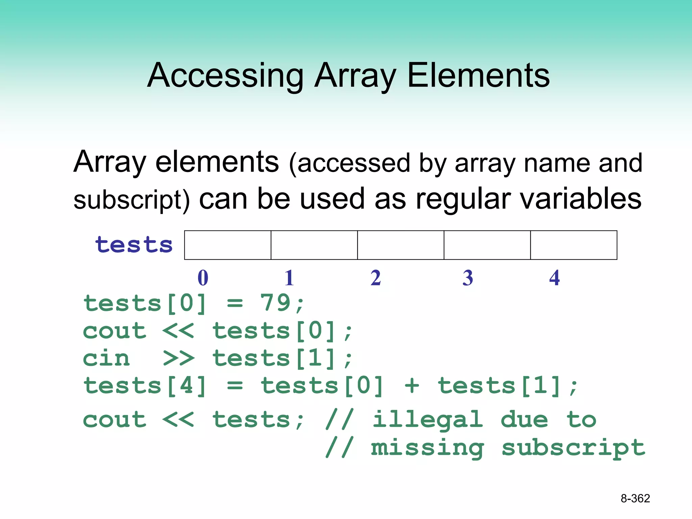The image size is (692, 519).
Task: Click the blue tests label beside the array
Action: click(x=134, y=245)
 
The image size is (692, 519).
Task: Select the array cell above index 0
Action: click(x=228, y=245)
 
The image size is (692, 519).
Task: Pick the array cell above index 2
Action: click(x=401, y=245)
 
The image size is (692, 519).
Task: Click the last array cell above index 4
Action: click(x=574, y=245)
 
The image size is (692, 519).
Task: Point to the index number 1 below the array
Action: click(x=289, y=278)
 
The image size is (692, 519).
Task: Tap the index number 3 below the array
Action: click(x=468, y=278)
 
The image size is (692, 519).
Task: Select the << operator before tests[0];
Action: click(x=178, y=331)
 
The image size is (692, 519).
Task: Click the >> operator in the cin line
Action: click(x=178, y=359)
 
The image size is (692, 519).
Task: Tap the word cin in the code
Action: click(x=106, y=359)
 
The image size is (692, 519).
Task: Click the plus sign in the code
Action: click(x=412, y=386)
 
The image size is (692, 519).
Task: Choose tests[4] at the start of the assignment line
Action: click(x=145, y=386)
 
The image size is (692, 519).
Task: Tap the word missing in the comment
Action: click(x=428, y=448)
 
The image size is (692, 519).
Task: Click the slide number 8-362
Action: click(x=635, y=498)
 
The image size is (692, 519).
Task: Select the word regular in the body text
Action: click(x=463, y=199)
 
